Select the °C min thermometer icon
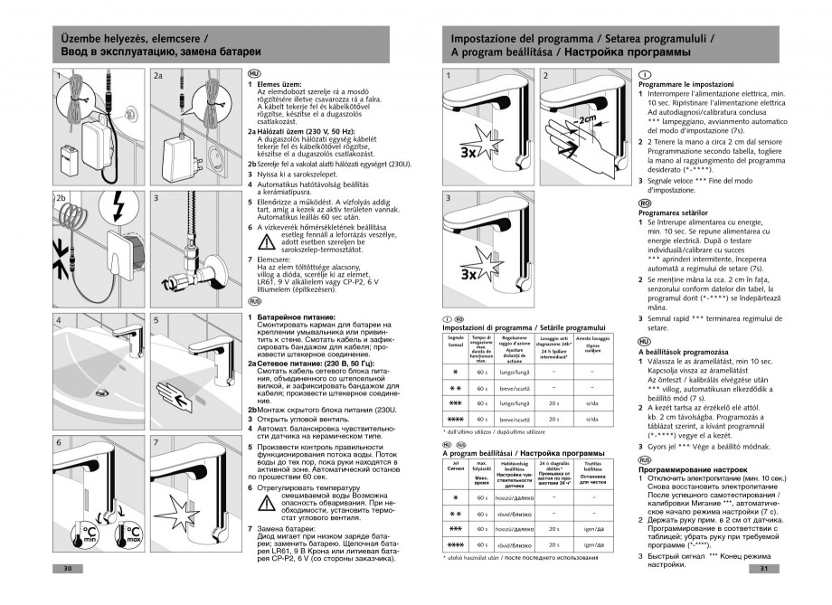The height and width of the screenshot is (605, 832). pyautogui.click(x=90, y=532)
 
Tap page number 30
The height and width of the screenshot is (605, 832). pyautogui.click(x=66, y=569)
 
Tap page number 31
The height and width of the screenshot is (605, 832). pyautogui.click(x=764, y=569)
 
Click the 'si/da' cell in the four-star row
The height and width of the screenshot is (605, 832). pyautogui.click(x=592, y=419)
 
